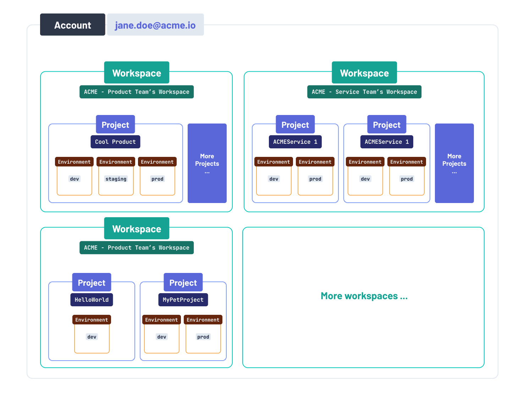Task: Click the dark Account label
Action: tap(72, 25)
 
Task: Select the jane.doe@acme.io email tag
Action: tap(155, 25)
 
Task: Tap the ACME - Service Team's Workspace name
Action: tap(364, 92)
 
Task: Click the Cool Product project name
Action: tap(115, 142)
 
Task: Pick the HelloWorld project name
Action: tap(92, 300)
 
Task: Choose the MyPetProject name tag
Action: tap(183, 300)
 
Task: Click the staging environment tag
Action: tap(116, 179)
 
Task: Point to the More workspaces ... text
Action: tap(364, 296)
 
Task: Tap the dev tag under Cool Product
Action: tap(74, 179)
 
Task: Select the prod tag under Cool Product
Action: tap(157, 179)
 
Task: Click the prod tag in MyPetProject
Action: tap(203, 337)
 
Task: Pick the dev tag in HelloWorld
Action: tap(92, 337)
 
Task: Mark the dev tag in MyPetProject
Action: tap(161, 337)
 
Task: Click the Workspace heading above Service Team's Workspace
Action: tap(364, 73)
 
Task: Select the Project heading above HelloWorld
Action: tap(92, 283)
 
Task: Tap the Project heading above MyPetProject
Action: tap(183, 283)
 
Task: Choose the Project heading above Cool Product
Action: tap(115, 125)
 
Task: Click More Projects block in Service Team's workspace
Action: tap(454, 163)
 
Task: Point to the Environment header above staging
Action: tap(116, 162)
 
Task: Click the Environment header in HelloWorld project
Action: tap(92, 320)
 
